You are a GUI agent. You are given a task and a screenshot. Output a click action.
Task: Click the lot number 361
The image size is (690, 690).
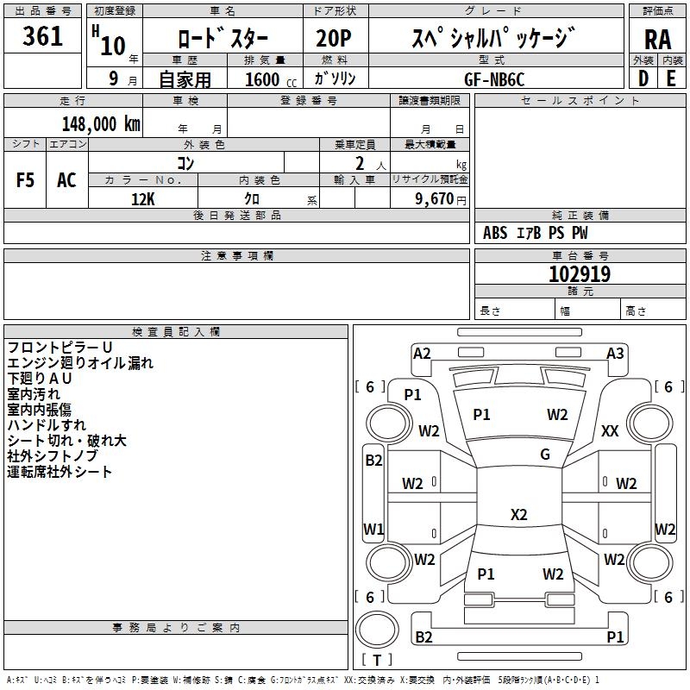pos(42,37)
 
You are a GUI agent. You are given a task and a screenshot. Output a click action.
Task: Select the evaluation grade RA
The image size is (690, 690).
pos(657,41)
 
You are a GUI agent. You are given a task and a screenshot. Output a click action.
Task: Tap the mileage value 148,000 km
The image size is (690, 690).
pos(101,123)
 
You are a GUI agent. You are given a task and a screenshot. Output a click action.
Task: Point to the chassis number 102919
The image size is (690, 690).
pos(580,275)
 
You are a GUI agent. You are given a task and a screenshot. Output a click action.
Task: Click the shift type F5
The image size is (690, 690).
pos(26,180)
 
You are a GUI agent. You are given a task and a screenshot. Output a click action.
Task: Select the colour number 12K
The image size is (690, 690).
pos(142,198)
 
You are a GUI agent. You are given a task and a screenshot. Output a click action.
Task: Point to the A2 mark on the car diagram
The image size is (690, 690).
pos(422,353)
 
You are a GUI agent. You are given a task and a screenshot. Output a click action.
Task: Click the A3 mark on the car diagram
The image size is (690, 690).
pos(615,353)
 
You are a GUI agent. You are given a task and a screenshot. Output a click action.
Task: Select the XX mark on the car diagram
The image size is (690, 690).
pos(610,430)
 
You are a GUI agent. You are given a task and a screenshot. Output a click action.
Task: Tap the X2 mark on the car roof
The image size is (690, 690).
pos(518,515)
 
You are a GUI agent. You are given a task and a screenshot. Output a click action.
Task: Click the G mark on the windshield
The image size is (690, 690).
pos(545,455)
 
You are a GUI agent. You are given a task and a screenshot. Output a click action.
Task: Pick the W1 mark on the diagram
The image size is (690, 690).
pos(373,529)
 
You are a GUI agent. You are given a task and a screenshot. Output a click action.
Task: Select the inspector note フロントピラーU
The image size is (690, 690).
pos(60,347)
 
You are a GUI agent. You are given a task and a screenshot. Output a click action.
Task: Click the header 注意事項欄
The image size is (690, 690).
pos(236,256)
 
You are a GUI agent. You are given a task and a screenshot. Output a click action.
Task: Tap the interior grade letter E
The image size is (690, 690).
pos(671,78)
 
